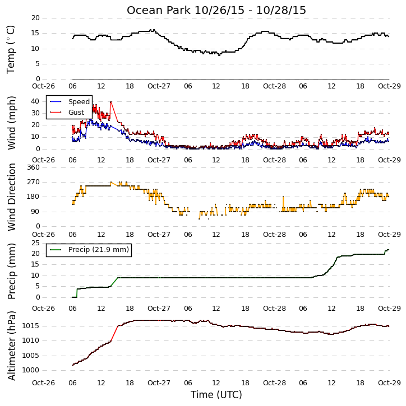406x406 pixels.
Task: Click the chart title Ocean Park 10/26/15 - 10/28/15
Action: tap(216, 10)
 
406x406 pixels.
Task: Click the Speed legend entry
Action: tap(70, 102)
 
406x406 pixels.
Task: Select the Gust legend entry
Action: tap(67, 113)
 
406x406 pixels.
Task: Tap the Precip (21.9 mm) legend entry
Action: tap(89, 250)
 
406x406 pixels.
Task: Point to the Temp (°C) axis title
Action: tap(11, 49)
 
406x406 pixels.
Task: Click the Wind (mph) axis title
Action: tap(11, 123)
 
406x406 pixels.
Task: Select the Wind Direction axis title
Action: tap(11, 197)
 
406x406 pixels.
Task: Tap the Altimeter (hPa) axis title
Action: tap(11, 346)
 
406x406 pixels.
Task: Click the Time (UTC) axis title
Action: tap(216, 395)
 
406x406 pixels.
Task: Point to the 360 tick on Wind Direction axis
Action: tap(34, 167)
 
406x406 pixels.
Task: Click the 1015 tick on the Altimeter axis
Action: tap(31, 326)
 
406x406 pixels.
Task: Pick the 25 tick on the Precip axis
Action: tap(35, 243)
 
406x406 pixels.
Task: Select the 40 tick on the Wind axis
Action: tap(35, 101)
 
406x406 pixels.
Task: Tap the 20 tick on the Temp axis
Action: tap(35, 18)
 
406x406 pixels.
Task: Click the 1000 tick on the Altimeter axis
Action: tap(31, 370)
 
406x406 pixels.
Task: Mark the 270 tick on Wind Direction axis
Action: tap(34, 182)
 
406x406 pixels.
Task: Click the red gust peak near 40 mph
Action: tap(111, 101)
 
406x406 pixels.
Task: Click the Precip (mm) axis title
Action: tap(11, 271)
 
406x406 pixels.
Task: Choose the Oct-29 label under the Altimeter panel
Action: tap(389, 382)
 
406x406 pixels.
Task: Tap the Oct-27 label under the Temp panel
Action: tap(159, 86)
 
